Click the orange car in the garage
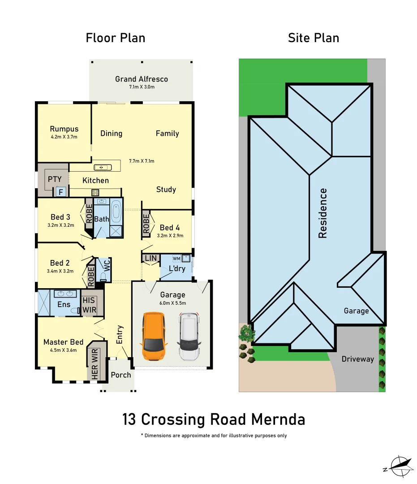tap(153, 337)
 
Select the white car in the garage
tap(190, 337)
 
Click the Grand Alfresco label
tap(142, 79)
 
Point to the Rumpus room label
tap(64, 129)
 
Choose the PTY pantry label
tap(55, 179)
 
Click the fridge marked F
tap(60, 192)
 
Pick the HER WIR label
tap(95, 366)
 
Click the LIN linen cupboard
tap(151, 258)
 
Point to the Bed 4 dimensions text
tap(170, 235)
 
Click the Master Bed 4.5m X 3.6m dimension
tap(64, 350)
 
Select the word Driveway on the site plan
tap(357, 359)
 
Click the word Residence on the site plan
tap(322, 213)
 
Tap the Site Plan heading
tap(313, 38)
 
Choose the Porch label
tap(121, 375)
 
